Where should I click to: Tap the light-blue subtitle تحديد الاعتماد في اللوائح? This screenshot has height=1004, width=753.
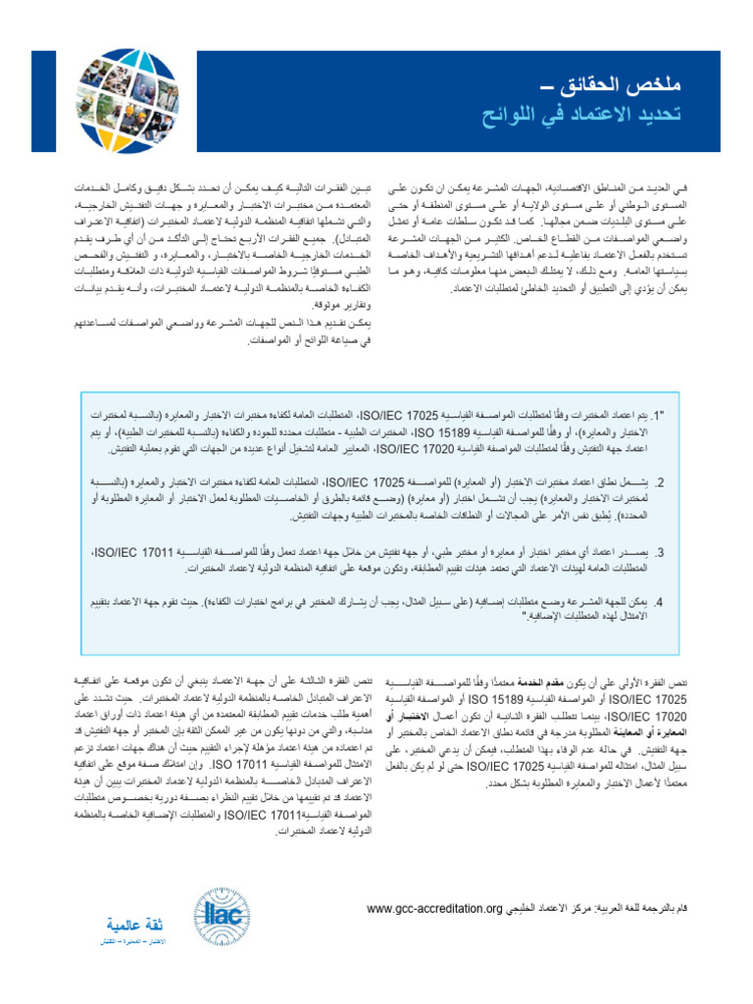tap(583, 115)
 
